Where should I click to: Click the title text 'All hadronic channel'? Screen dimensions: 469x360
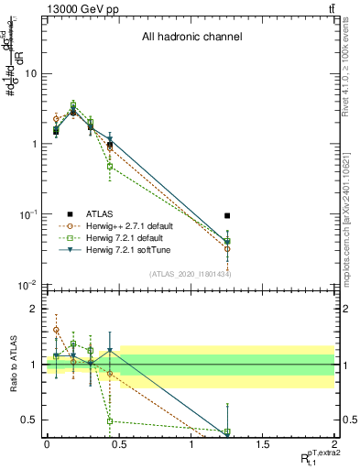point(191,38)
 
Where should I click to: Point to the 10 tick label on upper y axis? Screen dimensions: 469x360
point(30,73)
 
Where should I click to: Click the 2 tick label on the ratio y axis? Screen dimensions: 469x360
point(35,310)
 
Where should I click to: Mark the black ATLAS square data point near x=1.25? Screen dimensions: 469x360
point(227,216)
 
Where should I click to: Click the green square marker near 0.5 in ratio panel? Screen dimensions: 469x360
point(110,421)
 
